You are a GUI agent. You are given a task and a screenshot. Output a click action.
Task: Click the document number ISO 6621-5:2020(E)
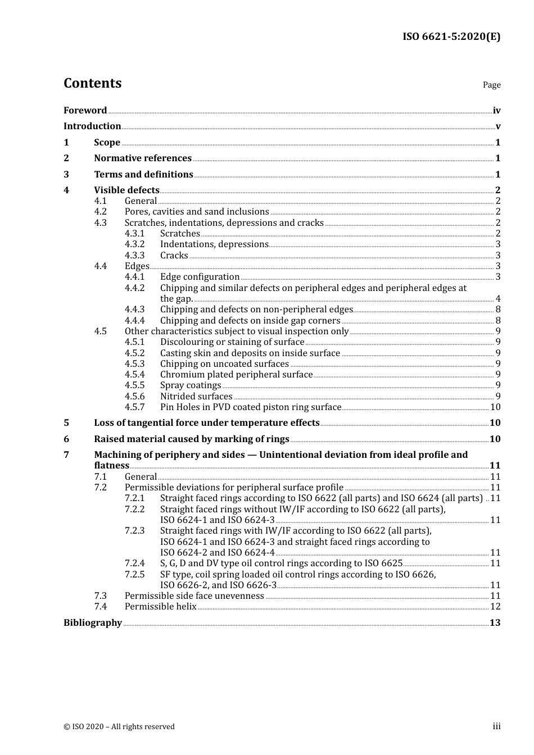[451, 37]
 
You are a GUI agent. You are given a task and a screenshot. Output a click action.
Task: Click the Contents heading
[92, 83]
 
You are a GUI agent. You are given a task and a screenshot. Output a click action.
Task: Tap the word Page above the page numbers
[491, 85]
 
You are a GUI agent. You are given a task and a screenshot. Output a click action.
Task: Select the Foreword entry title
[85, 111]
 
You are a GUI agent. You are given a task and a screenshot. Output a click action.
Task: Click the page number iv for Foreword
[496, 111]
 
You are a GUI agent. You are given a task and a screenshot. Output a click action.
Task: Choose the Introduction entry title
[92, 126]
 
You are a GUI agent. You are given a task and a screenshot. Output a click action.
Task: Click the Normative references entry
[143, 158]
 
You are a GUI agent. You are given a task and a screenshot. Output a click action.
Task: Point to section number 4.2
[100, 212]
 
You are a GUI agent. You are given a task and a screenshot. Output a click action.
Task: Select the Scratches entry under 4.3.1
[180, 234]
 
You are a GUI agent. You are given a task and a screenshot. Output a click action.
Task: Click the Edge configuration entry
[200, 277]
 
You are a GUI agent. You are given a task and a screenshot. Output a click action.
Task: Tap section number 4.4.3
[134, 310]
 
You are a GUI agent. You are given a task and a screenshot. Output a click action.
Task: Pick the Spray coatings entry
[191, 385]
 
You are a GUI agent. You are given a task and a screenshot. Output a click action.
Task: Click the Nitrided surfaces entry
[196, 397]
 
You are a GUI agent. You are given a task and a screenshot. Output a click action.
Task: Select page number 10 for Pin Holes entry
[495, 407]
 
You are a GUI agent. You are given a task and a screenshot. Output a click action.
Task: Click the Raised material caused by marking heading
[192, 439]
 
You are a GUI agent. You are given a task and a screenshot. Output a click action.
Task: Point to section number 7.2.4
[134, 563]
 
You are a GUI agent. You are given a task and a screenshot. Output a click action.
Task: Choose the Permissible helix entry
[160, 607]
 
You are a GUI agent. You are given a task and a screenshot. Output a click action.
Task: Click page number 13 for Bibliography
[495, 623]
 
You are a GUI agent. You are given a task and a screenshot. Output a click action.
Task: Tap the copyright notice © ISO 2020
[119, 727]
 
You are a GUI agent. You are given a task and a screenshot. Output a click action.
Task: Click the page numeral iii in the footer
[496, 726]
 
